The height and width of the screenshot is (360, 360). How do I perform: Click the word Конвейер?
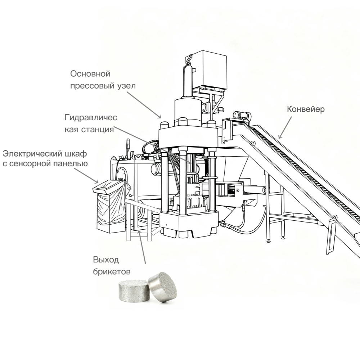point(306,109)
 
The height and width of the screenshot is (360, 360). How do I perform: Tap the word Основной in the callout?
point(90,74)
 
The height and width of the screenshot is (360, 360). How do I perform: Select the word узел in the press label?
point(126,86)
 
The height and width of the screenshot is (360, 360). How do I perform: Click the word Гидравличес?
point(91,118)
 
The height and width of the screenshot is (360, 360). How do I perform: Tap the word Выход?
point(106,260)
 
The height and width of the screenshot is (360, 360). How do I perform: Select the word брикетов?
point(112,271)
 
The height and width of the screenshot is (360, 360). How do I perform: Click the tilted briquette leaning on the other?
point(163,287)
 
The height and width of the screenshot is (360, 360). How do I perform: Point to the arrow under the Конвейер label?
point(285,127)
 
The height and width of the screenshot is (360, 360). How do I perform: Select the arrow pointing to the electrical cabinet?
point(86,176)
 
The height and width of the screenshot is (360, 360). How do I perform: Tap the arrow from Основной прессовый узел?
point(144,105)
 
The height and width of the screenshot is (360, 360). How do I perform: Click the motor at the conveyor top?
point(242,115)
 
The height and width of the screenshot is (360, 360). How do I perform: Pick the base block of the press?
point(189,224)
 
